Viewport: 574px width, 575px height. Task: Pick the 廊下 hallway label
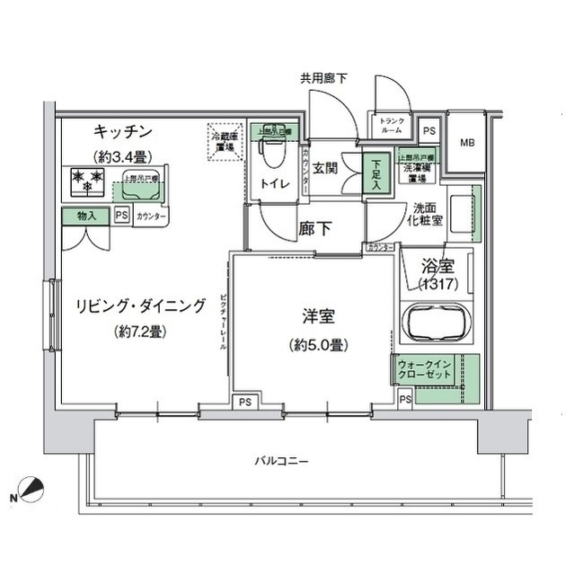314,229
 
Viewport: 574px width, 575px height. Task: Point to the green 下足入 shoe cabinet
376,175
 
